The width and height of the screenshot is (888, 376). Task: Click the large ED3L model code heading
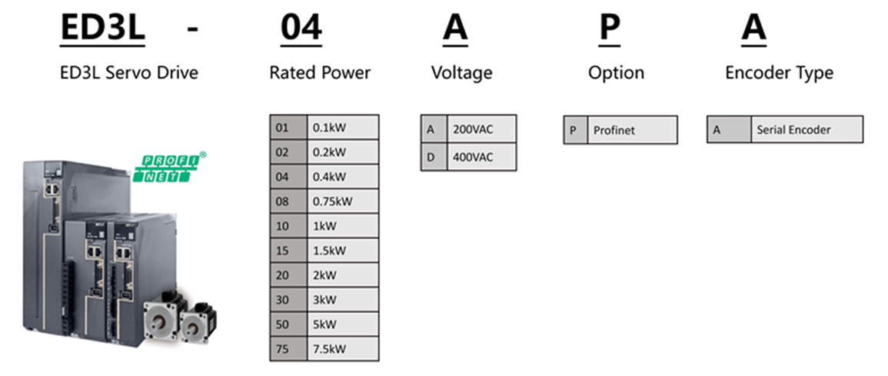pos(102,28)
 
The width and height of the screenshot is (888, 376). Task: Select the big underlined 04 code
pos(301,28)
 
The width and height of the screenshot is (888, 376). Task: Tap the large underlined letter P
pos(610,28)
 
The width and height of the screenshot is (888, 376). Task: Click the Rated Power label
pos(320,72)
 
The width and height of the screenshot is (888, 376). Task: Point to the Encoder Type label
pos(780,72)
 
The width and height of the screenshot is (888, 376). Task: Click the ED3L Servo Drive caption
pos(129,72)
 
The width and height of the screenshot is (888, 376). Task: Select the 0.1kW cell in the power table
pos(343,128)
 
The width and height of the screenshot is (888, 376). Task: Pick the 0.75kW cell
pos(343,201)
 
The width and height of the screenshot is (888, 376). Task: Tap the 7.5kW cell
pos(343,348)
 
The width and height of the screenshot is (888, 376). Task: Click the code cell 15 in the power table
pos(289,251)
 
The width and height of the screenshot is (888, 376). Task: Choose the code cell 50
pos(289,324)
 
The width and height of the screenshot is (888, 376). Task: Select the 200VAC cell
pos(481,130)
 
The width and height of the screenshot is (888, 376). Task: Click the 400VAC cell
pos(481,157)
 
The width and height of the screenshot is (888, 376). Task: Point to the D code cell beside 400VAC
pos(434,157)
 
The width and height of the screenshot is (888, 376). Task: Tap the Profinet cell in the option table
pos(632,130)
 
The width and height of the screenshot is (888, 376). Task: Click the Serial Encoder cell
pos(807,130)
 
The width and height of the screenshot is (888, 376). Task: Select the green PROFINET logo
pos(169,168)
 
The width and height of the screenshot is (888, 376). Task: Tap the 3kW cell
pos(343,300)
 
